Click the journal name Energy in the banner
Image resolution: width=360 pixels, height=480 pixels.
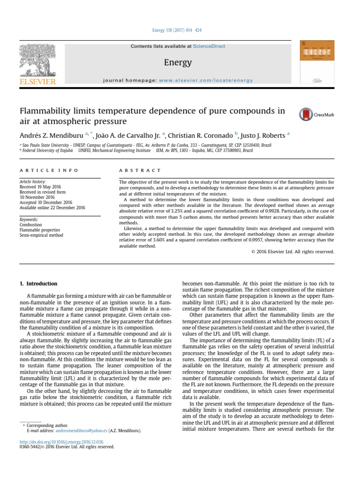(178, 62)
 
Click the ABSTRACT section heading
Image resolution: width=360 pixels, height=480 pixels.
(140, 171)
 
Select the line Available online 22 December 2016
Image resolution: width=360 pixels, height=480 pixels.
(52, 207)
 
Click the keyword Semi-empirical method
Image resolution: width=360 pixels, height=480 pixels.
(41, 235)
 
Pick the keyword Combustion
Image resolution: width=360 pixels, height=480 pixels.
(30, 225)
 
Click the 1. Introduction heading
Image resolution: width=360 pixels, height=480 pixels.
(38, 284)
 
